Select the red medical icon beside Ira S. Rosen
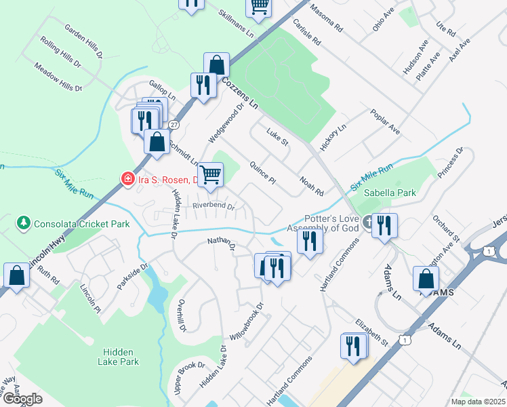click(127, 179)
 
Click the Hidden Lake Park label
click(121, 357)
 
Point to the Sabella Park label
click(390, 193)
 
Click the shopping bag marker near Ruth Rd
click(17, 276)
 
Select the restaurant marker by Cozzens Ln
click(203, 85)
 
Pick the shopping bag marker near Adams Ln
click(426, 279)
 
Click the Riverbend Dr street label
click(213, 206)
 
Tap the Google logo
click(22, 399)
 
